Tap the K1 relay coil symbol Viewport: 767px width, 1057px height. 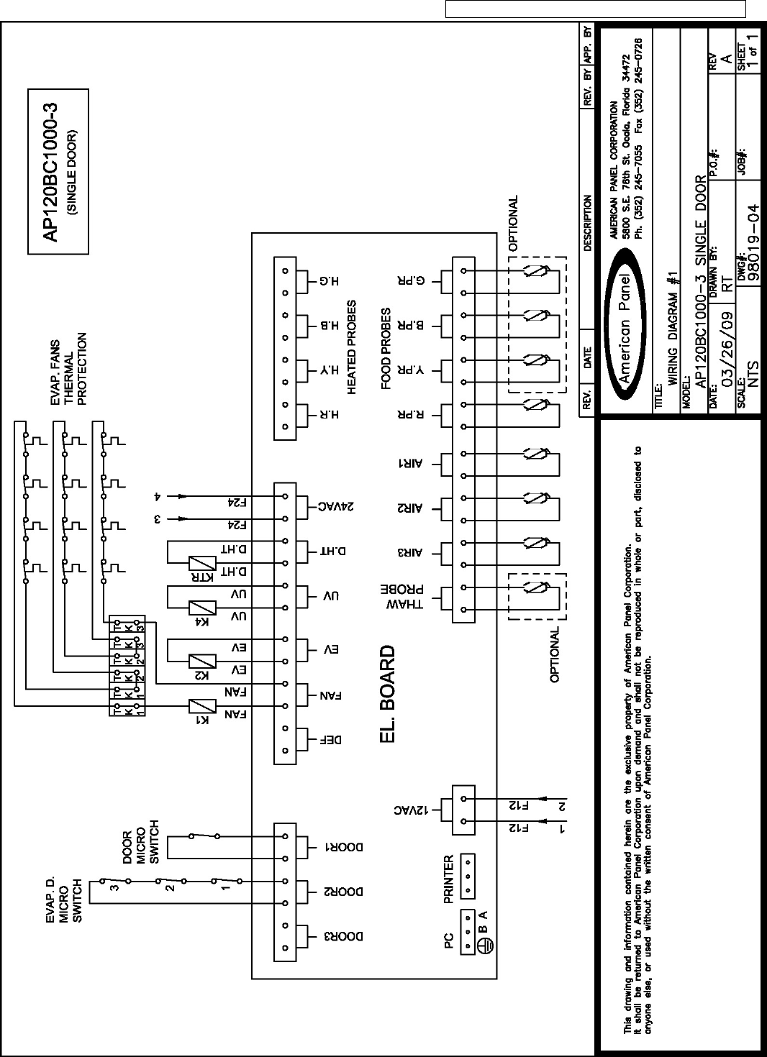pos(203,706)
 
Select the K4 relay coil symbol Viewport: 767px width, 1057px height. pos(203,608)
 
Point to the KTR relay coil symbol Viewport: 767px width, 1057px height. pos(203,563)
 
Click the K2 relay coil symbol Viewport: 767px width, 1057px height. pos(203,661)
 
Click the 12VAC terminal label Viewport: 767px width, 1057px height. pos(411,810)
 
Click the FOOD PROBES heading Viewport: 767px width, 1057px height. pos(386,349)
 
